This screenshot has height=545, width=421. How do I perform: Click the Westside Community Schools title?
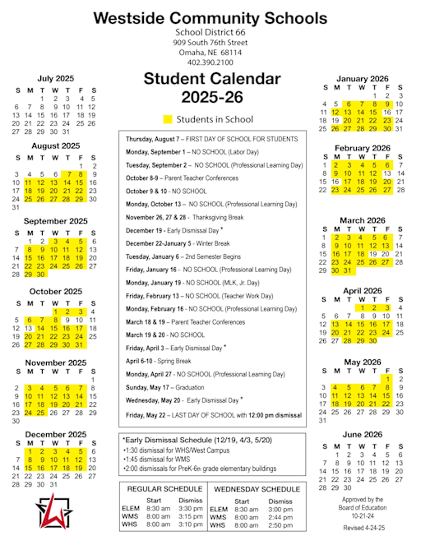210,18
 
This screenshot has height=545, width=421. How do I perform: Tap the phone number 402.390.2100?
210,62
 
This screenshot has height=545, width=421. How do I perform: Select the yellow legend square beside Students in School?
168,119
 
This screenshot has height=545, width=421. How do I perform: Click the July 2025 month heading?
55,78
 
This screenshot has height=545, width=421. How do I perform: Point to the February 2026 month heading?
362,148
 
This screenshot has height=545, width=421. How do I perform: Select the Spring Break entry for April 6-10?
155,361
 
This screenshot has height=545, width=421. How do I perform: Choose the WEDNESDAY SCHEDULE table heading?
256,489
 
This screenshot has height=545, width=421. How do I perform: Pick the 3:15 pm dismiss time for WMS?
190,516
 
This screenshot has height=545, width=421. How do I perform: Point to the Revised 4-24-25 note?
363,527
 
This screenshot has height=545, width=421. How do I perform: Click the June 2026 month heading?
363,434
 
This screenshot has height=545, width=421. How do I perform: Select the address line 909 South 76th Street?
210,41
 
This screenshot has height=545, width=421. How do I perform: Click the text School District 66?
210,31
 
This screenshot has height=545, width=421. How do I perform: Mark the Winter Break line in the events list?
178,244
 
